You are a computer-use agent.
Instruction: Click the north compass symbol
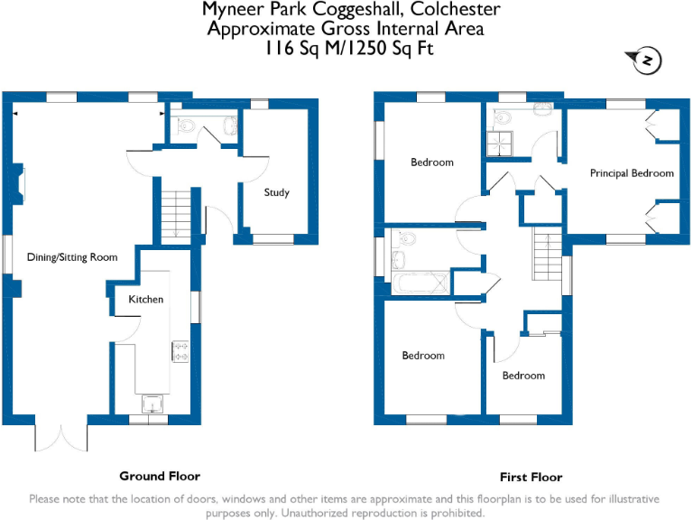[x=647, y=60]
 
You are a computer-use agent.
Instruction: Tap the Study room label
[x=276, y=192]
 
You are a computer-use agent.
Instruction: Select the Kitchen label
[x=145, y=299]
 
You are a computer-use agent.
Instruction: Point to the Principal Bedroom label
[x=632, y=172]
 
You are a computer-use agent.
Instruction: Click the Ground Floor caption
[x=160, y=476]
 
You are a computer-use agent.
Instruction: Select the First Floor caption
[x=531, y=477]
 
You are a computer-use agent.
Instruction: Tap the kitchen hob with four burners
[x=180, y=350]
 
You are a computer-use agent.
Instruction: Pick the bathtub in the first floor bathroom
[x=420, y=283]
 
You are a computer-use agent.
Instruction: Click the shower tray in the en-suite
[x=499, y=143]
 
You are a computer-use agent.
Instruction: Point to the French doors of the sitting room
[x=62, y=437]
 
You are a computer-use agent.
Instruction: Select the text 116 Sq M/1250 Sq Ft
[x=347, y=49]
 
